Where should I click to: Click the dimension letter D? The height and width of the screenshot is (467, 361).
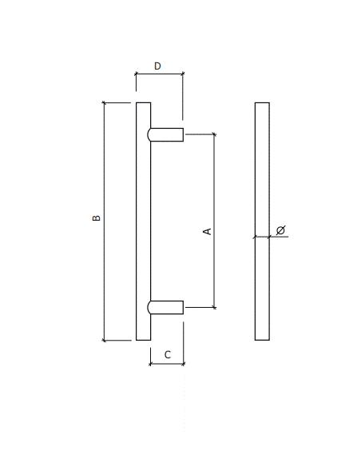pyautogui.click(x=157, y=66)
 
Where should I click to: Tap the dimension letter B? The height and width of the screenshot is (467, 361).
pyautogui.click(x=97, y=218)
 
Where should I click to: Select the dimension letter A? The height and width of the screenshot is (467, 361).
pyautogui.click(x=208, y=231)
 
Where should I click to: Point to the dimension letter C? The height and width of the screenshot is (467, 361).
pyautogui.click(x=168, y=353)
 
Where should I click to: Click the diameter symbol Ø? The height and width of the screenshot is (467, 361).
pyautogui.click(x=280, y=230)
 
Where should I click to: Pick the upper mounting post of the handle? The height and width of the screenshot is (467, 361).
pyautogui.click(x=166, y=135)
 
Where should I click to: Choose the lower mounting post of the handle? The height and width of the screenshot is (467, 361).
pyautogui.click(x=166, y=308)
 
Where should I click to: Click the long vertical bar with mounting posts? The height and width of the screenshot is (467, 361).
pyautogui.click(x=143, y=221)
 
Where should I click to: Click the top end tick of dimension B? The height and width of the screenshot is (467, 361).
pyautogui.click(x=104, y=102)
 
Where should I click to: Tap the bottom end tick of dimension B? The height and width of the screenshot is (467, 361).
pyautogui.click(x=104, y=341)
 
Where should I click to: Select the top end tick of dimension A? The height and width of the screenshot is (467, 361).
pyautogui.click(x=214, y=134)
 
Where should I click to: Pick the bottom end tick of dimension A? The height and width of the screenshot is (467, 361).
pyautogui.click(x=214, y=307)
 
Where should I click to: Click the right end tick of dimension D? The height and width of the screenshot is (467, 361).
pyautogui.click(x=183, y=74)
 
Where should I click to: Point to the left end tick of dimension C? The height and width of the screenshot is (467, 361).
pyautogui.click(x=150, y=364)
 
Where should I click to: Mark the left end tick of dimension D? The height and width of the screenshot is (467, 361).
pyautogui.click(x=136, y=74)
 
